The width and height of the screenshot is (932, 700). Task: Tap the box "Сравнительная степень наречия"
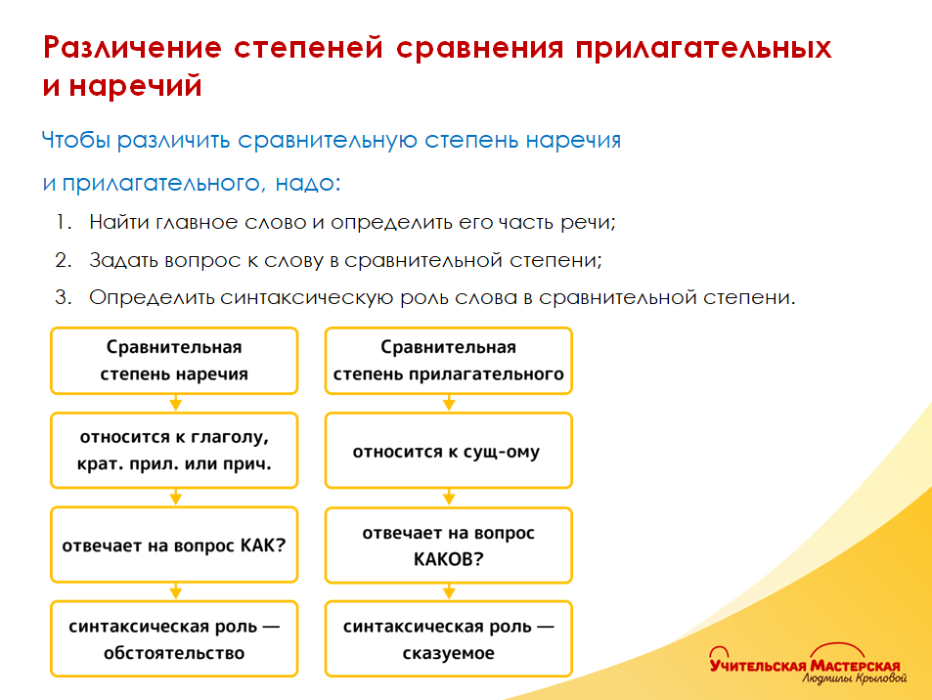coord(174,361)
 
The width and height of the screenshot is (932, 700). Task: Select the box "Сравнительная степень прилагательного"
coord(448,361)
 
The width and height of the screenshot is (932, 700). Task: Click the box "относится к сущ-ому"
coord(448,452)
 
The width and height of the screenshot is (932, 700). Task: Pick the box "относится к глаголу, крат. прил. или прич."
coord(174,451)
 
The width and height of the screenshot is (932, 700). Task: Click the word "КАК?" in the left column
coord(263,545)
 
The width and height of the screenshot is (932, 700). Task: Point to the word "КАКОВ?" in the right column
coord(448,560)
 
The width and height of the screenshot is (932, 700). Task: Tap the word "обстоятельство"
coord(174,653)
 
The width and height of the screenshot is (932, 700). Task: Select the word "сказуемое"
coord(448,653)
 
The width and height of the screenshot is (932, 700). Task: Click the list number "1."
coord(64,222)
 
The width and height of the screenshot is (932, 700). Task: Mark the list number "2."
coord(64,260)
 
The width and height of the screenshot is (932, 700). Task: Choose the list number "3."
coord(64,297)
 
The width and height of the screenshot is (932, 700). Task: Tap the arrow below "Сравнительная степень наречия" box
coord(174,403)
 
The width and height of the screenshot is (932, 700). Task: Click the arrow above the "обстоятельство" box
coord(174,591)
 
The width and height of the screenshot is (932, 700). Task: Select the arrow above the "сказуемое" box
coord(448,591)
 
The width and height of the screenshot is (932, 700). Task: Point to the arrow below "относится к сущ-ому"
coord(448,498)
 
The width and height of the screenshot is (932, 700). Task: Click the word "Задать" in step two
coord(120,260)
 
